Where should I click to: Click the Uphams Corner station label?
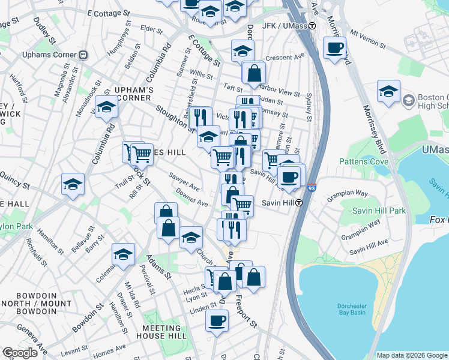[x=49, y=55]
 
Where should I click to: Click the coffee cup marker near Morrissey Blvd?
[x=334, y=47]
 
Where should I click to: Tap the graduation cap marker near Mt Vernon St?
[x=388, y=91]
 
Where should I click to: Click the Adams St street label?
[x=158, y=266]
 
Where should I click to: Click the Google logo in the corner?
[x=20, y=353]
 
